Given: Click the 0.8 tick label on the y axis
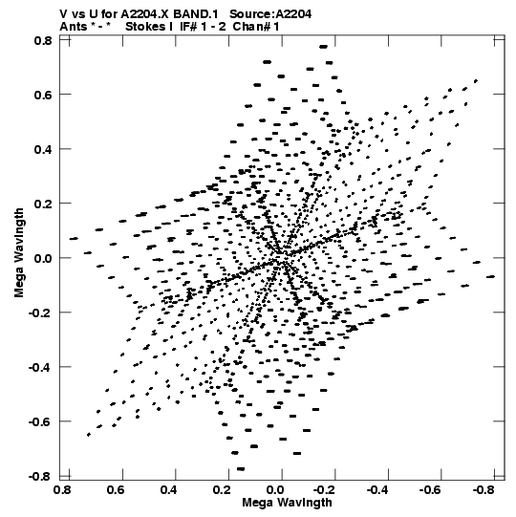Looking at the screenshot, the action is [43, 40].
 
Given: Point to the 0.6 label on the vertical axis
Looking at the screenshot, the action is [43, 95].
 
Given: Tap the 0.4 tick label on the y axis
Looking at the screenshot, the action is [43, 149].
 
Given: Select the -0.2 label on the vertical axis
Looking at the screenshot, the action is [40, 312].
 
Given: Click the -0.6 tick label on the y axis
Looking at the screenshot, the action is [40, 421].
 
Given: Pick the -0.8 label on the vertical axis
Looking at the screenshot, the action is [40, 476].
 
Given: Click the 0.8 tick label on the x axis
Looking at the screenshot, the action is [63, 490].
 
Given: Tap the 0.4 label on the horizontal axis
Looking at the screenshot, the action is [169, 490].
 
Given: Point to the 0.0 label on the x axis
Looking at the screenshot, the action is [275, 490].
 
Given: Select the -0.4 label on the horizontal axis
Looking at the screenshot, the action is [378, 490].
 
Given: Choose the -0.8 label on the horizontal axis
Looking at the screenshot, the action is [484, 490].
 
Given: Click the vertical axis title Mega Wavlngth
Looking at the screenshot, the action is [19, 253].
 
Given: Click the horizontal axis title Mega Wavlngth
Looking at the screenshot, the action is [287, 503].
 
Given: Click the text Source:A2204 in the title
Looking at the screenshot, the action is [270, 14].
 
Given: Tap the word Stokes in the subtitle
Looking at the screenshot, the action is [149, 27].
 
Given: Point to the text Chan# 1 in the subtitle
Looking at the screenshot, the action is [256, 27].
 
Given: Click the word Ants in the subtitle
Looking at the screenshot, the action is [73, 27].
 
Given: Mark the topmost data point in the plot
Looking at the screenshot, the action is [323, 47].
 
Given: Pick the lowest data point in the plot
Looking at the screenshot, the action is [241, 469].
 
